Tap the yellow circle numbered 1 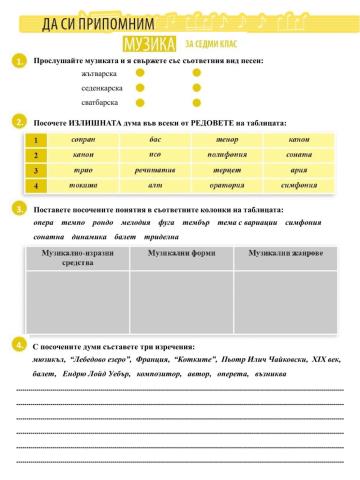click(x=19, y=62)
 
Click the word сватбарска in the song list click(x=100, y=102)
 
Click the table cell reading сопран click(x=85, y=140)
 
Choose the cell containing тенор click(x=225, y=140)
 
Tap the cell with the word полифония click(x=225, y=155)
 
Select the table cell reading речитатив click(x=155, y=170)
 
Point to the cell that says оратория click(x=225, y=185)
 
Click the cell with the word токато click(x=85, y=185)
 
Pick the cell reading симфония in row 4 click(x=299, y=185)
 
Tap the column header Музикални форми click(x=180, y=255)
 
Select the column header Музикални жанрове click(x=290, y=255)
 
